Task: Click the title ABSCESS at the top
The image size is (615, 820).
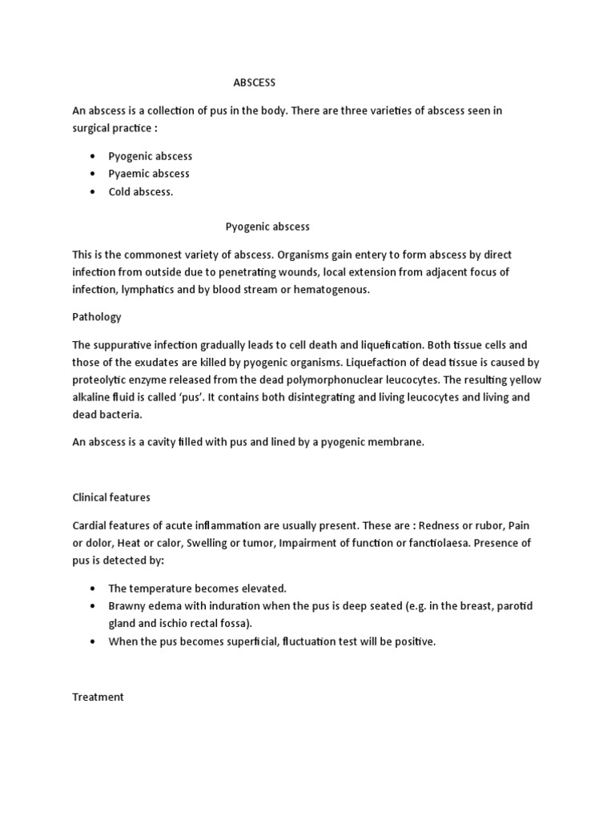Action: (254, 82)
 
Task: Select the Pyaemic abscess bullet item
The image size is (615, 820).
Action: (149, 174)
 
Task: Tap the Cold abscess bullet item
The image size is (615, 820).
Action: (140, 192)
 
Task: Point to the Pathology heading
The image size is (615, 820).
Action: (96, 317)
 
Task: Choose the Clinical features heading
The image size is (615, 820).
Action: (111, 497)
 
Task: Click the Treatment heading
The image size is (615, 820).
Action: (98, 697)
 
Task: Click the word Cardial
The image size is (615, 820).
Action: (91, 525)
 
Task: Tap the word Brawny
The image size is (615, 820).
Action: (127, 606)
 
